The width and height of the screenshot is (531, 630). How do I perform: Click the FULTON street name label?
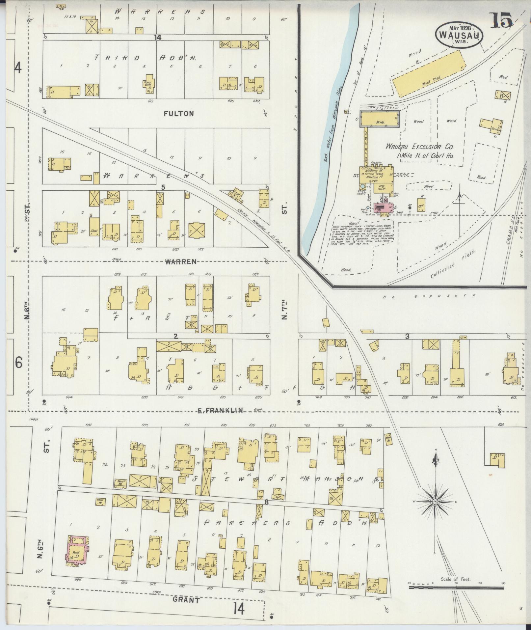tap(179, 113)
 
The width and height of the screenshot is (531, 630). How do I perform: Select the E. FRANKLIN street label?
tap(221, 410)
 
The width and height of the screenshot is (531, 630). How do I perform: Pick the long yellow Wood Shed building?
tap(430, 74)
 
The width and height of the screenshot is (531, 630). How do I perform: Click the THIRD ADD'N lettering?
tap(145, 58)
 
